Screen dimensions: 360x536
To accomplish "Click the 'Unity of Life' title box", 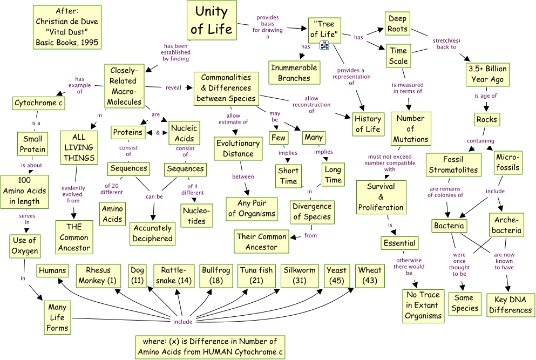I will [x=211, y=19].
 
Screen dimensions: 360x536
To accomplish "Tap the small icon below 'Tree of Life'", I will [x=325, y=45].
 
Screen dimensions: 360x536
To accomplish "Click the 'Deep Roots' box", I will [x=397, y=24].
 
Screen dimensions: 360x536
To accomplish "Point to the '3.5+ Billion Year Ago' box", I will [x=487, y=74].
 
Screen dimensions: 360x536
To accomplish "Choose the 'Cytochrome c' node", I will [x=38, y=103].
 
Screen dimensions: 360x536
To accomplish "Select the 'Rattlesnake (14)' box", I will [x=174, y=275].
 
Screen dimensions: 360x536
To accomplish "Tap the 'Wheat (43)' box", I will [x=370, y=275].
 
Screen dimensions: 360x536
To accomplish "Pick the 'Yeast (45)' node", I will [x=336, y=275].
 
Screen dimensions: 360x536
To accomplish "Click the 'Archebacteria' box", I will [x=507, y=225].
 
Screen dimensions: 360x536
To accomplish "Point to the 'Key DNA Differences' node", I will [x=510, y=305].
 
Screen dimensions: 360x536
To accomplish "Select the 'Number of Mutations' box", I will [x=410, y=129].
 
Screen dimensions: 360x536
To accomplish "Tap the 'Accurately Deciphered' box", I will [x=152, y=233].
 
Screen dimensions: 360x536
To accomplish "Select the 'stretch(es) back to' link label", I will [x=445, y=43].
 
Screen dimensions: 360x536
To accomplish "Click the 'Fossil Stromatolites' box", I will [x=452, y=164].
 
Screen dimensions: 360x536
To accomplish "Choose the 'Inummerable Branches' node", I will [x=294, y=72].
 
